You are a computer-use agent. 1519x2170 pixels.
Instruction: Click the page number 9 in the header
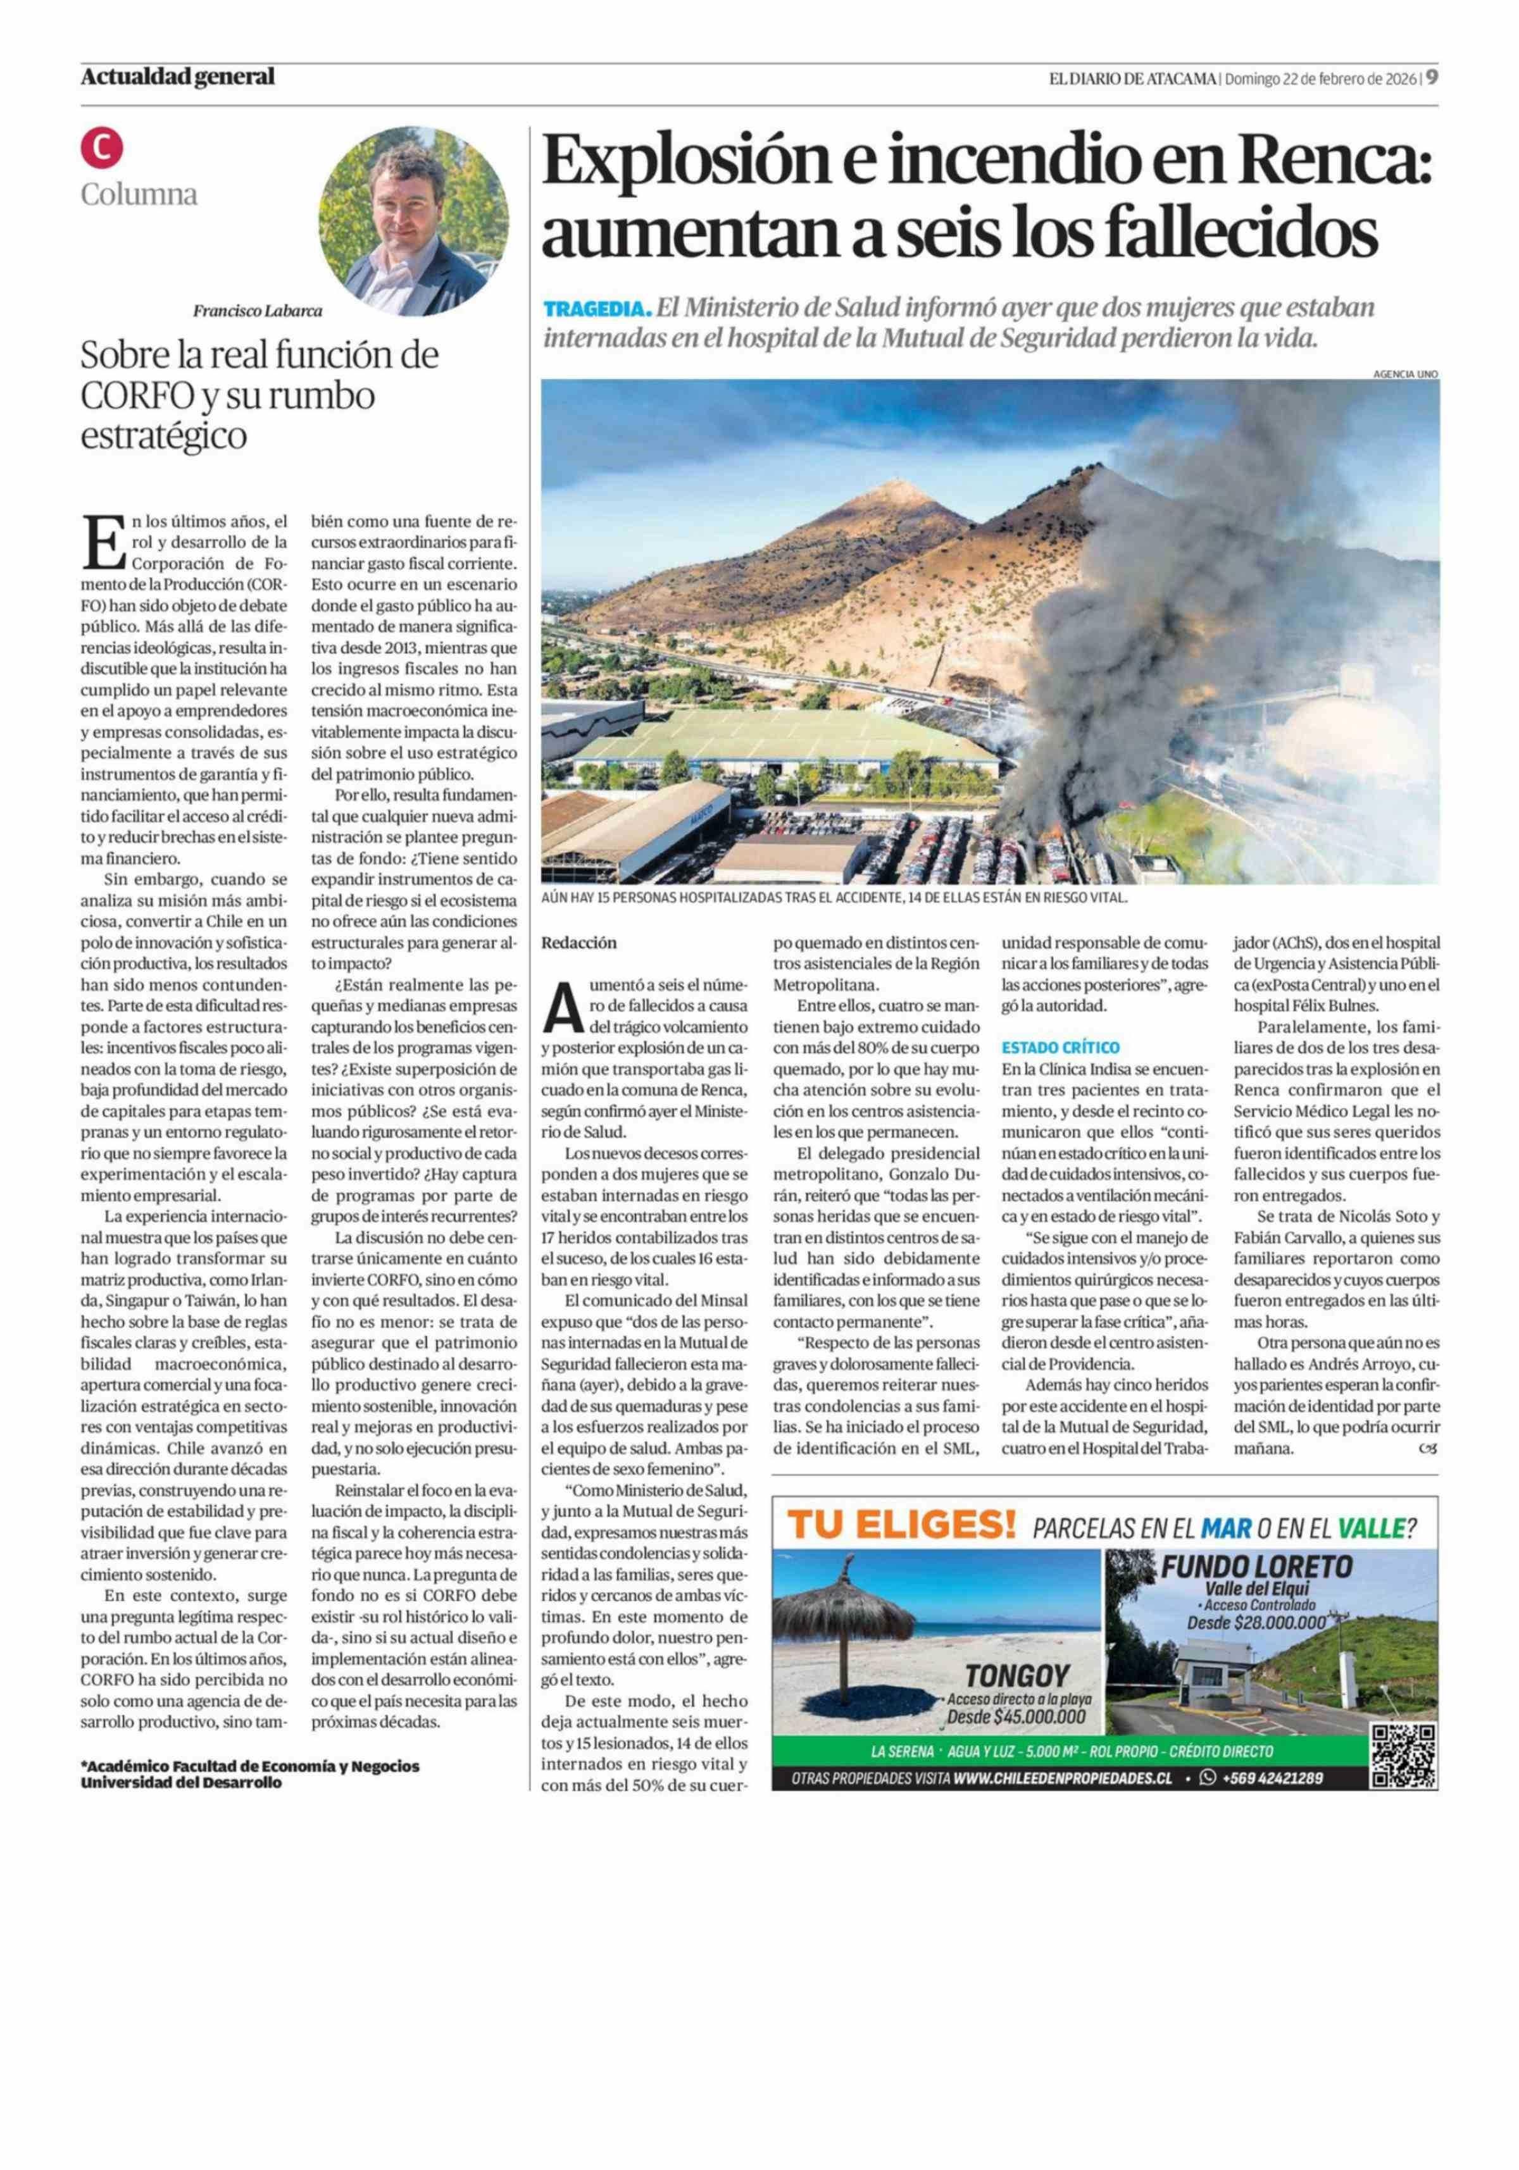1432,77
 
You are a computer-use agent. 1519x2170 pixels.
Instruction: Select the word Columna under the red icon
139,195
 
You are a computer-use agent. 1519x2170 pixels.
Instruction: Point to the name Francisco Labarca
257,310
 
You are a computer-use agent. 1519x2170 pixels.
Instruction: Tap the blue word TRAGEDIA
596,309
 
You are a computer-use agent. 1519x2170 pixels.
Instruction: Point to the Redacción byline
578,942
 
